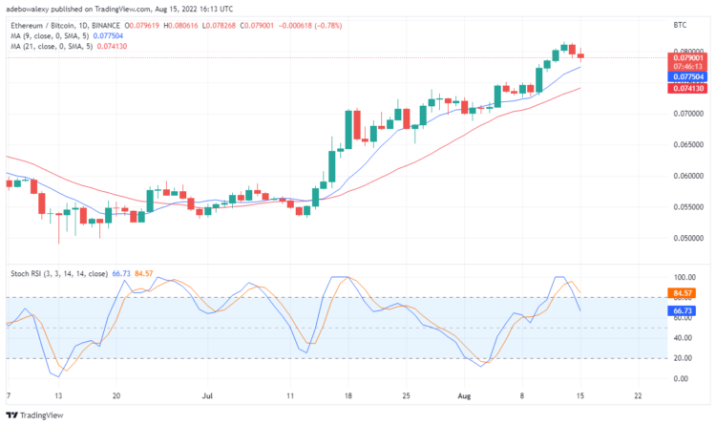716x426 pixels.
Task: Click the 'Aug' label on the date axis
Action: pos(463,394)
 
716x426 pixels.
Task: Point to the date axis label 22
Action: pos(637,394)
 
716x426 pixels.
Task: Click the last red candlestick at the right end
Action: pos(580,54)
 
